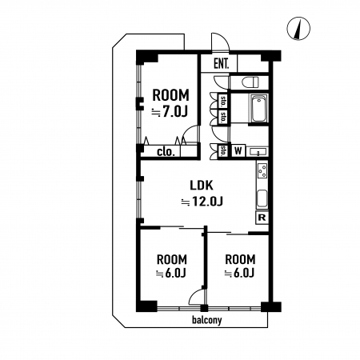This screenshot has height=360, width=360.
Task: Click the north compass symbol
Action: coord(298,29)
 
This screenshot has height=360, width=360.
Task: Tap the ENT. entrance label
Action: coord(222,64)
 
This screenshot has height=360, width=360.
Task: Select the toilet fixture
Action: coord(250,82)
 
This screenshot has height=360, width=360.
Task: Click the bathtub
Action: coord(258,110)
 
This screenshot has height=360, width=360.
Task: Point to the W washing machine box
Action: coord(238,151)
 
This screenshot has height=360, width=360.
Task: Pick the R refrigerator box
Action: coord(262,218)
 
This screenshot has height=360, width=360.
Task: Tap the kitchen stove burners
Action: coord(262,170)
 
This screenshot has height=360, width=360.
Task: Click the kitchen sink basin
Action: coord(262,198)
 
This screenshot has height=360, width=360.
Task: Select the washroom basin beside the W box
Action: coord(258,152)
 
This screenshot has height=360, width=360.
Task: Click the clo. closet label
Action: coord(166,152)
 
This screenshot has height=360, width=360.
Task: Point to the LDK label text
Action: coord(202,186)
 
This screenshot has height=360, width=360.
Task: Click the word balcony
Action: coord(207,320)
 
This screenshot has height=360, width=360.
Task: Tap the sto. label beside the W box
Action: coord(223,151)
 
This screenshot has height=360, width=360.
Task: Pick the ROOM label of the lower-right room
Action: coord(240,259)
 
